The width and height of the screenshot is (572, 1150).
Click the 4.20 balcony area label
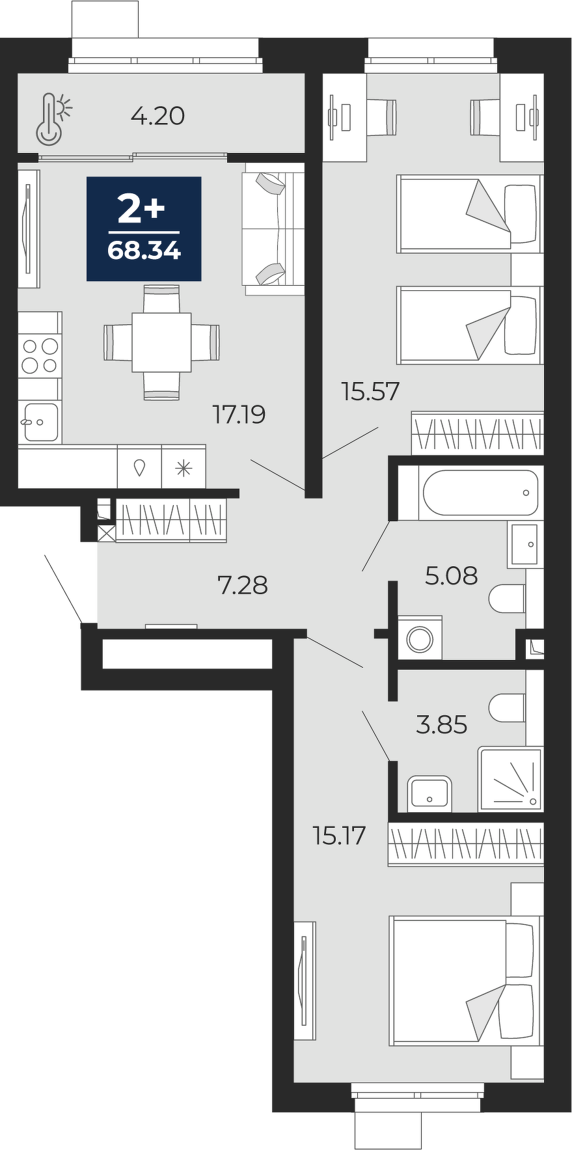coord(157,116)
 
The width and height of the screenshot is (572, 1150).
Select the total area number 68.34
coord(144,251)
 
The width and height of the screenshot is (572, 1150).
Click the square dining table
coord(161,342)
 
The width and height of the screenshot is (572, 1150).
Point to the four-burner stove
coord(39,355)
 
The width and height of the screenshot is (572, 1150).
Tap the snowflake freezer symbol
coord(184,467)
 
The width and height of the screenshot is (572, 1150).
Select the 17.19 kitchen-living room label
coord(239,414)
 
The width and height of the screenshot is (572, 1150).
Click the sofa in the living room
coord(274,229)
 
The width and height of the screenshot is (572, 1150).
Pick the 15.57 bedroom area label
coord(370,392)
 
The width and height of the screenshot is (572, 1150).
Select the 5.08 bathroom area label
coord(451,575)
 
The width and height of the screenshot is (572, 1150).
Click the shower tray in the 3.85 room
coord(510,778)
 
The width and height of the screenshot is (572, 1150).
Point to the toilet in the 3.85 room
coord(507,707)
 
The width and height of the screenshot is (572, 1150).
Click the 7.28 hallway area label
coord(242,585)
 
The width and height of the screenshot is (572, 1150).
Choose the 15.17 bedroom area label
coord(339,835)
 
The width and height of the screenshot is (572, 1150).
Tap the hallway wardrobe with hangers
coord(171,520)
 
